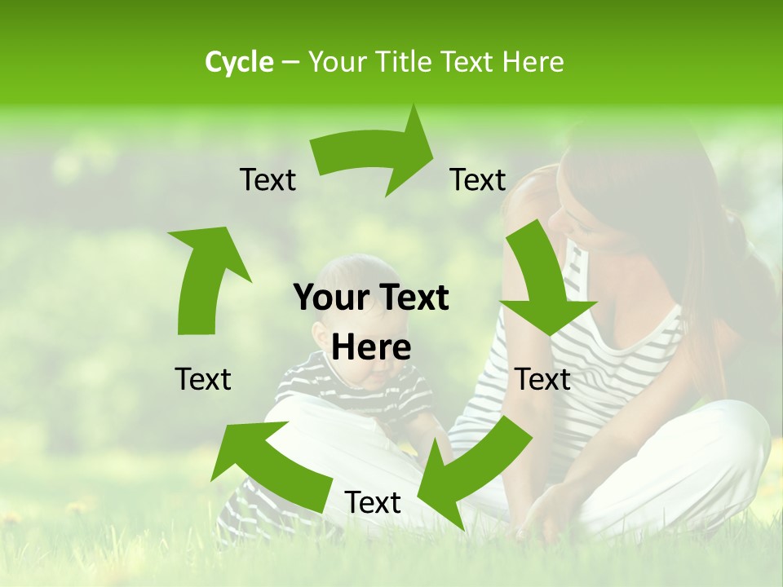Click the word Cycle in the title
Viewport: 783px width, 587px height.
coord(239,62)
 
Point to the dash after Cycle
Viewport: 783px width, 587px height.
coord(290,63)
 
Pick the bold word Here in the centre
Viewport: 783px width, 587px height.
coord(371,347)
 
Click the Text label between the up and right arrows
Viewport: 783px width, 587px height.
coord(268,179)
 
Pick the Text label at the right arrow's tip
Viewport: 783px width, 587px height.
coord(478,179)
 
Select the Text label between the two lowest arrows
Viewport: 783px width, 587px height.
coord(373,502)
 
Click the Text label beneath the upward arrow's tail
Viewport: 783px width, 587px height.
coord(203,379)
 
